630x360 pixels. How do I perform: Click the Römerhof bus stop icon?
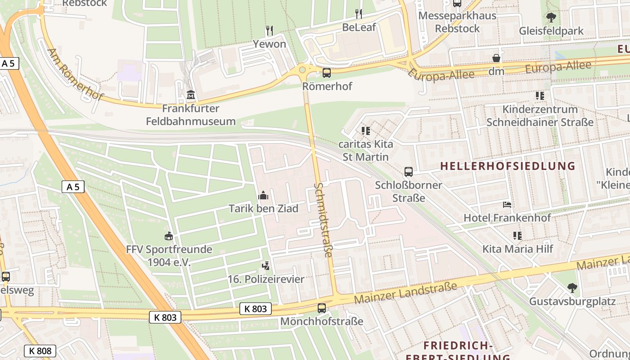pos(327,72)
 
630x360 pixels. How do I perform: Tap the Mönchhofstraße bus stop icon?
pos(322,308)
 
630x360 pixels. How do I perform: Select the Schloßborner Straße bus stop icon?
pos(409,171)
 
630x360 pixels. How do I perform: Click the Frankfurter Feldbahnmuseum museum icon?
pos(191,95)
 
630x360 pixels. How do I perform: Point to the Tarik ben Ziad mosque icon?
pos(263,195)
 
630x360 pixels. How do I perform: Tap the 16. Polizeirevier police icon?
pos(266,266)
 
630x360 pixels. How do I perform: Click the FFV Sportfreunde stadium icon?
pos(169,236)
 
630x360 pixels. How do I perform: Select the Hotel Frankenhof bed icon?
pos(507,205)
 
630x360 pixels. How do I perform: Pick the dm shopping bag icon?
pos(496,58)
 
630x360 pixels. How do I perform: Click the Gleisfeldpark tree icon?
pos(551,18)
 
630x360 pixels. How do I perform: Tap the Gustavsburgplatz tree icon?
pos(572,288)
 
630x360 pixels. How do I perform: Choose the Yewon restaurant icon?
pos(270,31)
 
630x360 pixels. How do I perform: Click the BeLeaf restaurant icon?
pos(358,14)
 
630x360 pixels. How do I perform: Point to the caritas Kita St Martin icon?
pos(365,131)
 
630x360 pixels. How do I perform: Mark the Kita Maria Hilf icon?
pos(517,235)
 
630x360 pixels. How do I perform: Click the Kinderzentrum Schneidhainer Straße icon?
pos(540,95)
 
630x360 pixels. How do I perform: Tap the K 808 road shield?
pos(40,351)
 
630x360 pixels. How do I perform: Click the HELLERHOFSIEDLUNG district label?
pos(508,166)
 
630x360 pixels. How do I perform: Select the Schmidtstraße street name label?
pos(324,220)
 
